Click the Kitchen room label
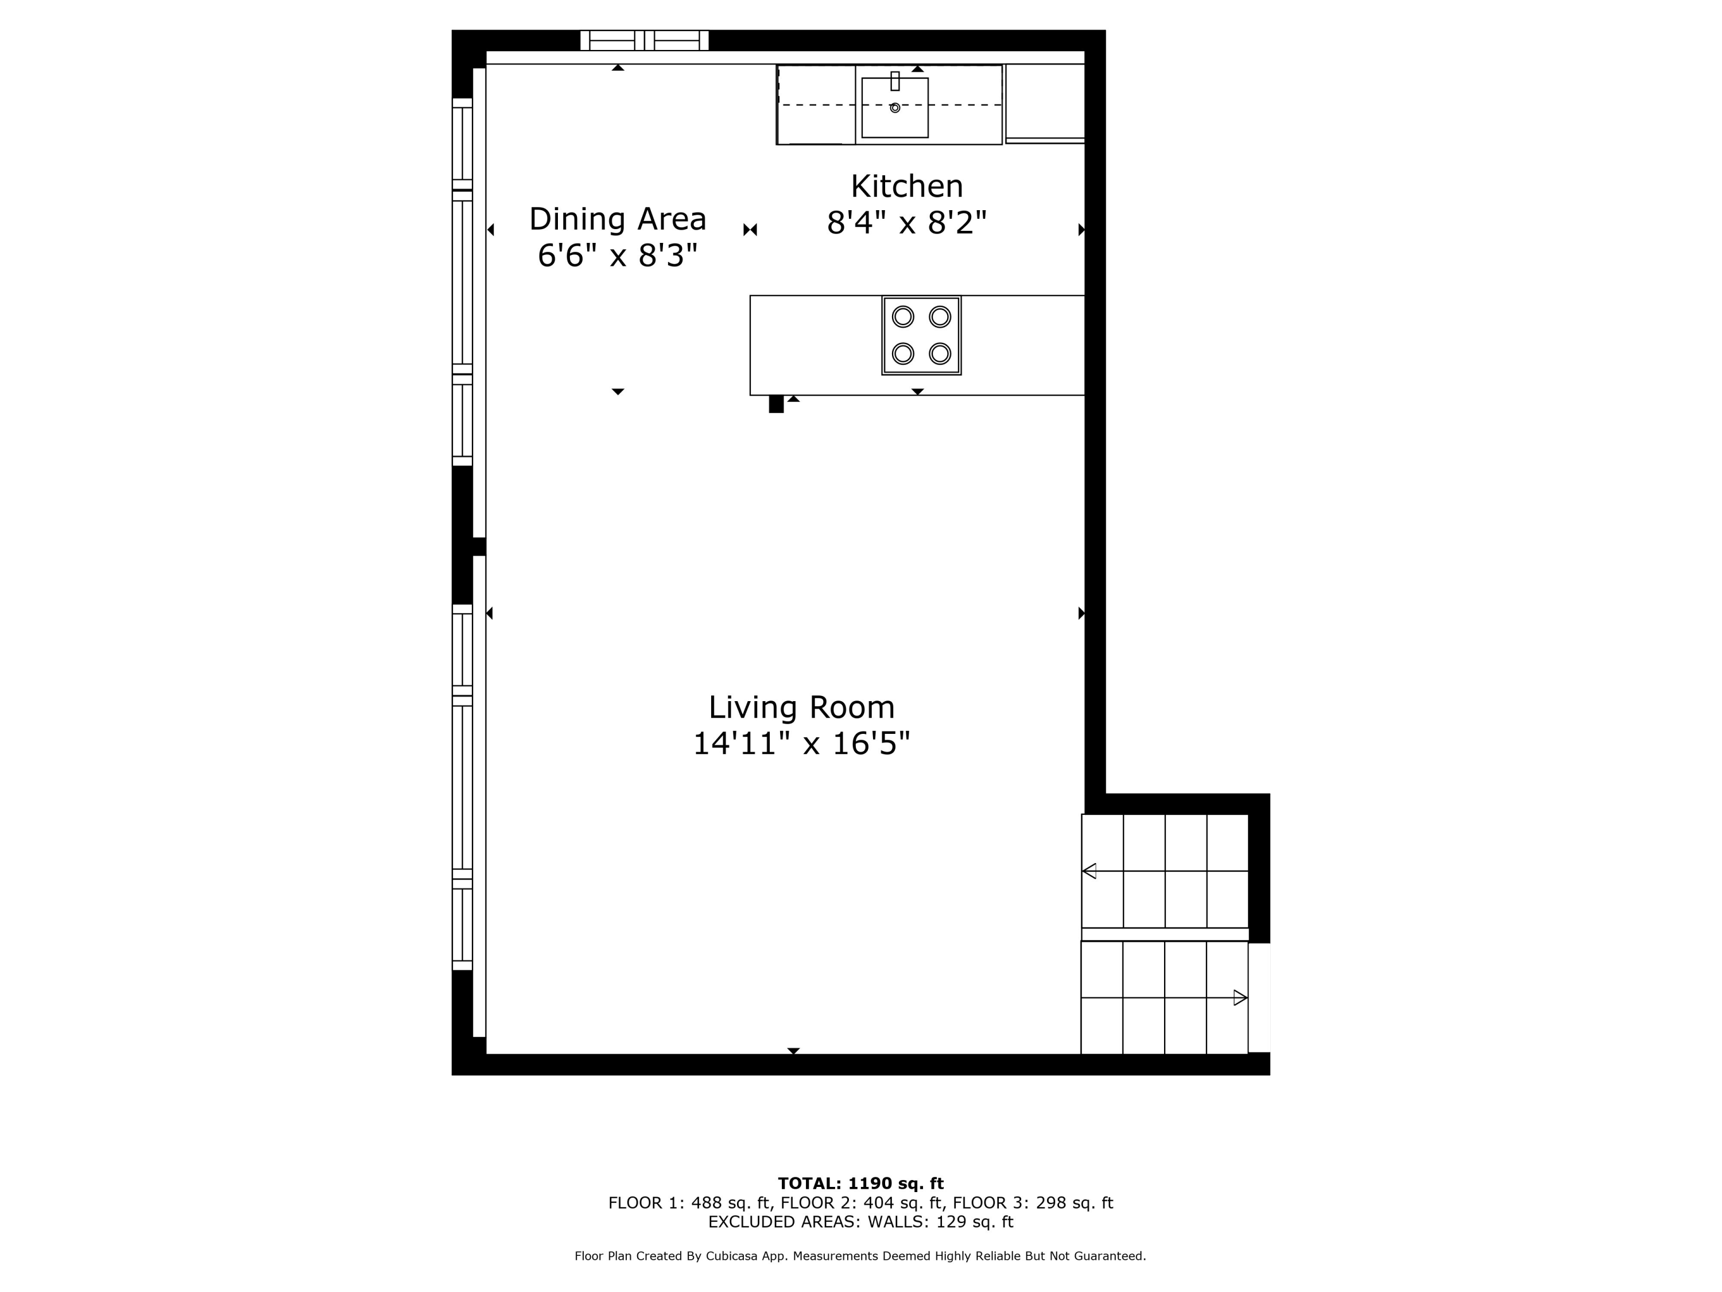(906, 187)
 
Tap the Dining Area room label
(617, 219)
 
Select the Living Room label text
(801, 707)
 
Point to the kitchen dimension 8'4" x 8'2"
(906, 223)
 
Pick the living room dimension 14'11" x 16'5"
(801, 744)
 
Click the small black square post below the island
(776, 404)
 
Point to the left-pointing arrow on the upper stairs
(1089, 871)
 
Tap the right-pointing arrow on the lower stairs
(1240, 997)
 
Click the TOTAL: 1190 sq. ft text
(860, 1183)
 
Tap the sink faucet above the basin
(895, 81)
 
